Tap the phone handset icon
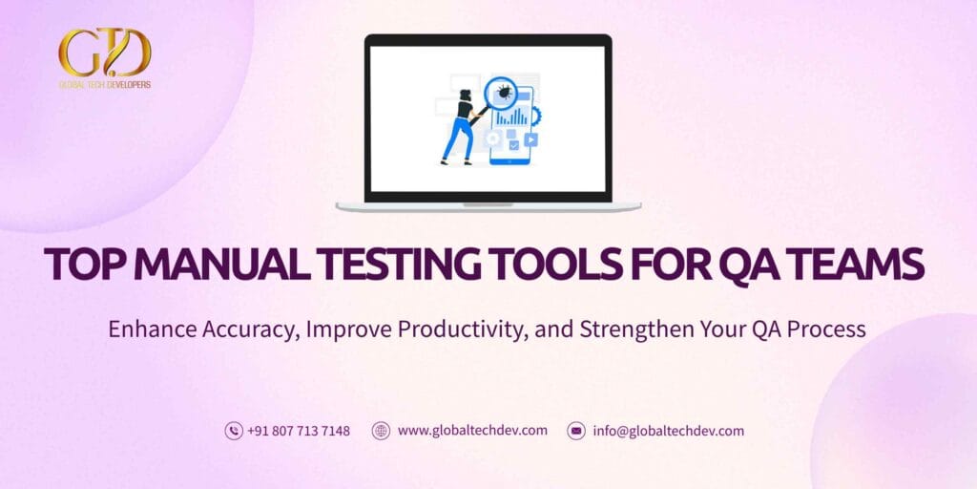[x=234, y=431]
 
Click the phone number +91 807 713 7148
[x=299, y=431]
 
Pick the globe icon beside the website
[x=381, y=431]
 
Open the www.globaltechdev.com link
[x=472, y=431]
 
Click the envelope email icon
[x=576, y=431]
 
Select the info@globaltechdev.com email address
[x=668, y=431]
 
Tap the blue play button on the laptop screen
[x=530, y=139]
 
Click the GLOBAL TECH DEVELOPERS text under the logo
[x=105, y=85]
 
